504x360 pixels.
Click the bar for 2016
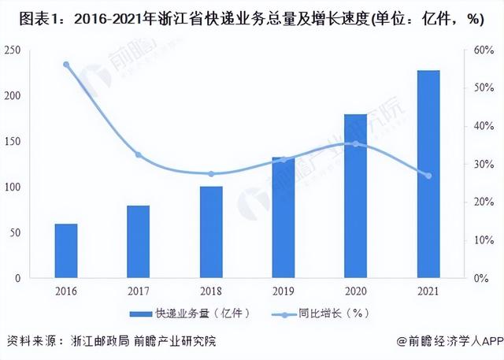point(66,251)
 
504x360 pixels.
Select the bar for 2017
point(139,242)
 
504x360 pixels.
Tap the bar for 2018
point(211,232)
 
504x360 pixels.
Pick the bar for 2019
point(283,217)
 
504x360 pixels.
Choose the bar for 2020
point(356,196)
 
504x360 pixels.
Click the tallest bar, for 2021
point(428,174)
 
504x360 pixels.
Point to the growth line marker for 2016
point(66,65)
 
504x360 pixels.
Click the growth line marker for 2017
point(139,155)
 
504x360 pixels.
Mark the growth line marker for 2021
point(428,176)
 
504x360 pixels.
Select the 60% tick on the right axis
point(483,50)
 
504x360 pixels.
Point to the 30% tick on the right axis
point(483,165)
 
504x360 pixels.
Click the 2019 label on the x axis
point(283,291)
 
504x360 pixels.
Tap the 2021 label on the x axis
point(428,291)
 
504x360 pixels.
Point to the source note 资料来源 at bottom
point(110,342)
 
